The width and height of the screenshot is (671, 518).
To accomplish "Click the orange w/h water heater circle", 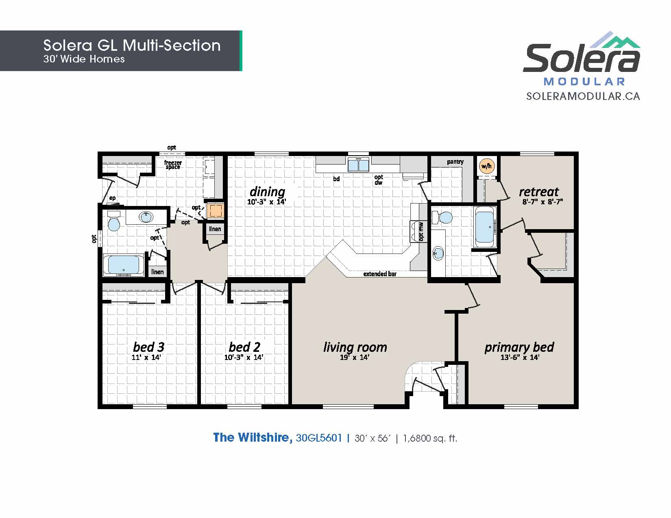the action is [x=486, y=166].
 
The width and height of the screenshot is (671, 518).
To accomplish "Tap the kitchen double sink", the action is [x=358, y=164].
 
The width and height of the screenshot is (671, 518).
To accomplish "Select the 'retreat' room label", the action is [x=539, y=192].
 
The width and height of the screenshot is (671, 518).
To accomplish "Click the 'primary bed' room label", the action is [x=519, y=347].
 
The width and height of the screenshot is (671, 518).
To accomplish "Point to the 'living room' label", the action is [x=355, y=347].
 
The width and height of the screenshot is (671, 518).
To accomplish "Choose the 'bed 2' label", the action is [x=244, y=347].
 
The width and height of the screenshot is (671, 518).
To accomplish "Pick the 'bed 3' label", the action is [x=148, y=347].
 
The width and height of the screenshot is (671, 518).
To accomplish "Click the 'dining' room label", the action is [x=268, y=192].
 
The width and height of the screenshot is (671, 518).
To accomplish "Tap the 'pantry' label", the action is [x=455, y=162].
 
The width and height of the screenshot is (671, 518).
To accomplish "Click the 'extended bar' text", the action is [x=380, y=274].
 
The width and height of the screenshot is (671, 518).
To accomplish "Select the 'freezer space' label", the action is [x=173, y=165].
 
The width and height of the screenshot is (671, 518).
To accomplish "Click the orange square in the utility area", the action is [x=215, y=211].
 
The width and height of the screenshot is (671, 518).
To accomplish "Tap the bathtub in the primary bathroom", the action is [x=485, y=227].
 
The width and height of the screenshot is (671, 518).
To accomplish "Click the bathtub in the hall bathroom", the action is [x=124, y=265].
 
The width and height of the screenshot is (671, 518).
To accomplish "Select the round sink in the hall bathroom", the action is [x=146, y=217].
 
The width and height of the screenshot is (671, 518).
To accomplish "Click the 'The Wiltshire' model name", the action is [x=253, y=438].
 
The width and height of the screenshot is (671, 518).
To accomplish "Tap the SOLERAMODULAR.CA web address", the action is [x=583, y=96].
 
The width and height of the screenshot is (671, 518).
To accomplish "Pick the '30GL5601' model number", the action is [x=319, y=438].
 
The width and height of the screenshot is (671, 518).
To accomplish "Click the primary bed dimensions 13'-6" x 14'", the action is [x=520, y=358].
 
